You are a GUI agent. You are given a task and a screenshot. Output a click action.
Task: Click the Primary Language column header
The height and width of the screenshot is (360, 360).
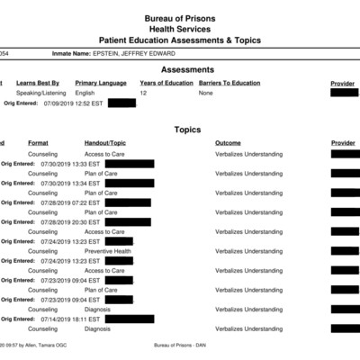[100, 83]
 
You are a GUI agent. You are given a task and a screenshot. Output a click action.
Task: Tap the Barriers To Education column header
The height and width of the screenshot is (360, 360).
[229, 83]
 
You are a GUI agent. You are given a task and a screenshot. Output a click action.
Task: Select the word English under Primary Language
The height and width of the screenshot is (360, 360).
[85, 93]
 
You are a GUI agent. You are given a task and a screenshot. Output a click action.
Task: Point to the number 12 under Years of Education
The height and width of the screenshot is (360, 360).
[143, 93]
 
